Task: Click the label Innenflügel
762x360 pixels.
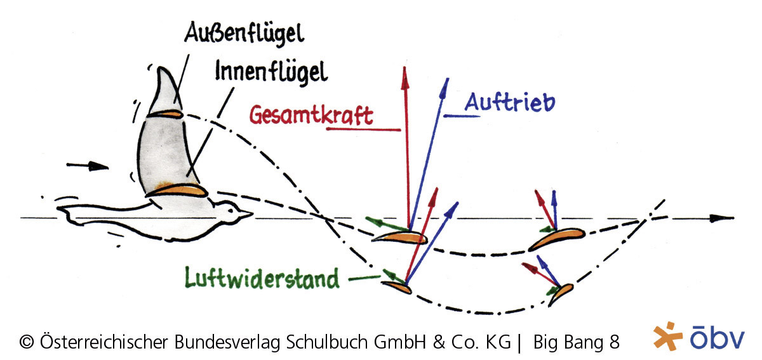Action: tap(271, 71)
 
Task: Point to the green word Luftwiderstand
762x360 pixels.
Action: tap(262, 277)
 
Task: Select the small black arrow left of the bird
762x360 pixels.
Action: tap(88, 166)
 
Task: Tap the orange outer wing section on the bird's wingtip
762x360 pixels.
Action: tap(164, 114)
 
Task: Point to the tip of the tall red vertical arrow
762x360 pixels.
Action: tap(404, 69)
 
